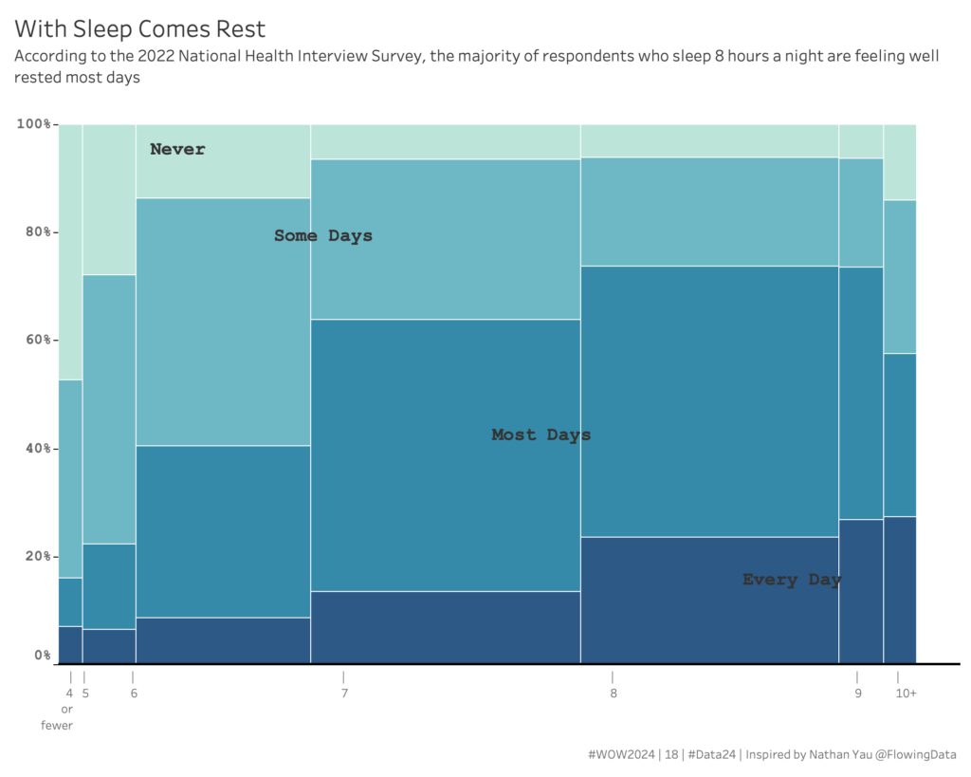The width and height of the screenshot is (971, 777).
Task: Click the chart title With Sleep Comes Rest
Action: pyautogui.click(x=139, y=29)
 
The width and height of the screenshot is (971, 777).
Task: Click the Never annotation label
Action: pyautogui.click(x=177, y=149)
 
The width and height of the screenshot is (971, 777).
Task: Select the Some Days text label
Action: pyautogui.click(x=323, y=235)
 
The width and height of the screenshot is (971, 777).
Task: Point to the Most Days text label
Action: pyautogui.click(x=540, y=435)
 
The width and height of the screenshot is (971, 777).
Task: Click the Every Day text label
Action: pyautogui.click(x=792, y=580)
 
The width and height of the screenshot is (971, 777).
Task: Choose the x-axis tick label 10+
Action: pyautogui.click(x=906, y=694)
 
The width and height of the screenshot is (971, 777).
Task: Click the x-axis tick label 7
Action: pyautogui.click(x=344, y=694)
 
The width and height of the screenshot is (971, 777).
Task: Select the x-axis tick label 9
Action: pyautogui.click(x=858, y=694)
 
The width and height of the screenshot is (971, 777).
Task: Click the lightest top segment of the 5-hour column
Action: pyautogui.click(x=109, y=199)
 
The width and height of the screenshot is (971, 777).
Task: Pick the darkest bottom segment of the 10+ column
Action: pyautogui.click(x=900, y=589)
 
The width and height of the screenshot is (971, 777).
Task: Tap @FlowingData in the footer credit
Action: pyautogui.click(x=916, y=755)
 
